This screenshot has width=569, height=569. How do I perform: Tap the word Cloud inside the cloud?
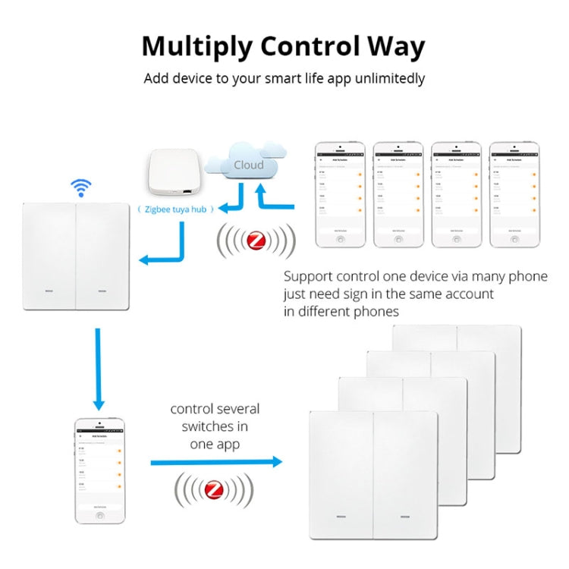248,165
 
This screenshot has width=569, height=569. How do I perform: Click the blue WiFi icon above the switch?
81,187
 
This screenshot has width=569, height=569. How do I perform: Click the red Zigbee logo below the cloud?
256,242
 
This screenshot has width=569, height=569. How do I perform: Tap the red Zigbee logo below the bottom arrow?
214,490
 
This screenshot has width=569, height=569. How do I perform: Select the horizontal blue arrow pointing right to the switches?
216,461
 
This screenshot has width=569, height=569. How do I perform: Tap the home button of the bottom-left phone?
99,515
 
